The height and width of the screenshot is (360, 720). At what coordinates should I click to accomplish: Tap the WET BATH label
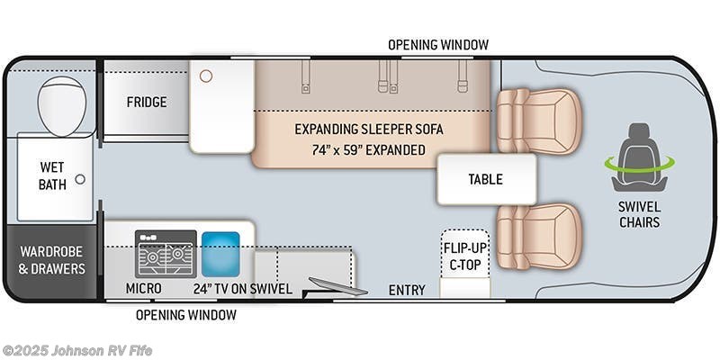[53, 175]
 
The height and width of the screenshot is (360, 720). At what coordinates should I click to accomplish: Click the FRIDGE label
[146, 102]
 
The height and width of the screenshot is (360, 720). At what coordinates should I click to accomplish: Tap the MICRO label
[144, 289]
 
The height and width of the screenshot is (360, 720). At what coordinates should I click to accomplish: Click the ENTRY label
[407, 289]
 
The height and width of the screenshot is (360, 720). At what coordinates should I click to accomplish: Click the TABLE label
[485, 179]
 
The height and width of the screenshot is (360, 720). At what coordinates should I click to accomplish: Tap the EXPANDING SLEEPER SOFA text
[369, 129]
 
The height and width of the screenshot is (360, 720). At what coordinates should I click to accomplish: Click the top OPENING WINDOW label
[438, 44]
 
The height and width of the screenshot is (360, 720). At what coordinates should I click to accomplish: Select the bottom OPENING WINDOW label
[186, 315]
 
